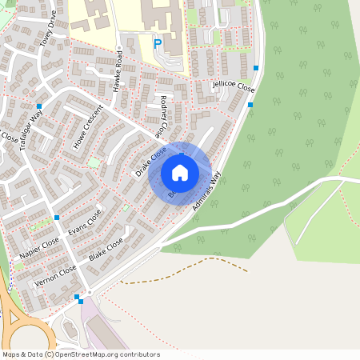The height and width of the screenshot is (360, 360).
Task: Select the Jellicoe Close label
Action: (234, 85)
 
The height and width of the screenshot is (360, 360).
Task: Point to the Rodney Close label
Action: (165, 115)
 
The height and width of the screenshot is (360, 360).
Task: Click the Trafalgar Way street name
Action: (31, 127)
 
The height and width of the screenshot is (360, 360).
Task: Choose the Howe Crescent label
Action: (89, 127)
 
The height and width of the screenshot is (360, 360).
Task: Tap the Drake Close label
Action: (150, 161)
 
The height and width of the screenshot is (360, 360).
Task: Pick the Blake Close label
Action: (106, 249)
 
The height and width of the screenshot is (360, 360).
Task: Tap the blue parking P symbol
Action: (158, 44)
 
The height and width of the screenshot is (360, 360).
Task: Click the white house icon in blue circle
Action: (180, 173)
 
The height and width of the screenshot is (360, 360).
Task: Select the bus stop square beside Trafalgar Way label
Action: (38, 106)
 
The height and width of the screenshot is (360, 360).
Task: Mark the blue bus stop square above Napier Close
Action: (57, 218)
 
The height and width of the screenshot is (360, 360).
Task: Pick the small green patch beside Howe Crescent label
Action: (94, 162)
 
